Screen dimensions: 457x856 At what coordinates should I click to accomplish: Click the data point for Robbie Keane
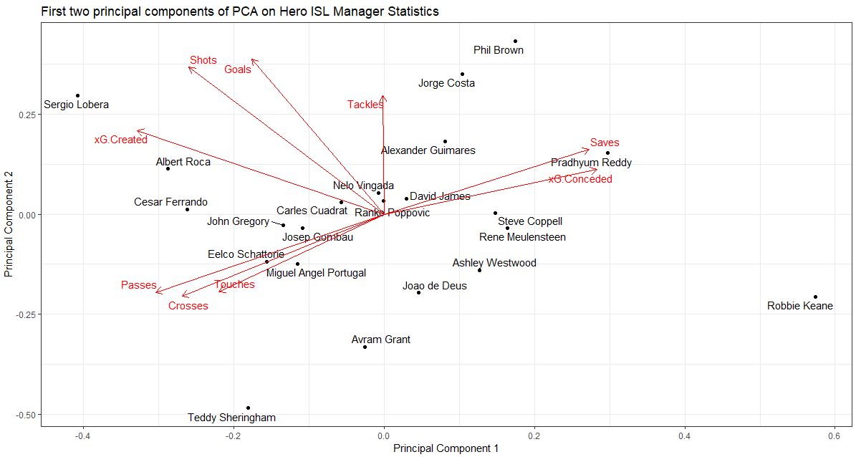(x=815, y=297)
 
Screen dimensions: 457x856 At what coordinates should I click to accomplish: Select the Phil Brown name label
(x=499, y=50)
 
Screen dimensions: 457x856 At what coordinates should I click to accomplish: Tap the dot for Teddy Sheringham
(x=249, y=408)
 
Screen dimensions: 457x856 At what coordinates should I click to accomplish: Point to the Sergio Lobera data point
(x=77, y=95)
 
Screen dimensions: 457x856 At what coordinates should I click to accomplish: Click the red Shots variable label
(x=203, y=60)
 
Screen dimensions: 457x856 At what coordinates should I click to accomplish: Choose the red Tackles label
(x=365, y=105)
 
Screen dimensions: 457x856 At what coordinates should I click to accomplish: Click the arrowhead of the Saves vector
(x=588, y=149)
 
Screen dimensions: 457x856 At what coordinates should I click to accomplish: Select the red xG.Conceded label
(x=580, y=179)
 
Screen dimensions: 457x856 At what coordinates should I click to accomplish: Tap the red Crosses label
(x=188, y=306)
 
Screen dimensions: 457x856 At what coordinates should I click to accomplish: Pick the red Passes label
(x=138, y=285)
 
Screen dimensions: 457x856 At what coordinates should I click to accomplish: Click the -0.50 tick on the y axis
(x=25, y=414)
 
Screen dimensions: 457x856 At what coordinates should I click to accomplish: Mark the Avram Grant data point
(x=365, y=347)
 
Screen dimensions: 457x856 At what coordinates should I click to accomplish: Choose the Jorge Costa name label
(x=446, y=83)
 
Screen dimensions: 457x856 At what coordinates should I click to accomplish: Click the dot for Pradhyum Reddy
(x=607, y=153)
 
